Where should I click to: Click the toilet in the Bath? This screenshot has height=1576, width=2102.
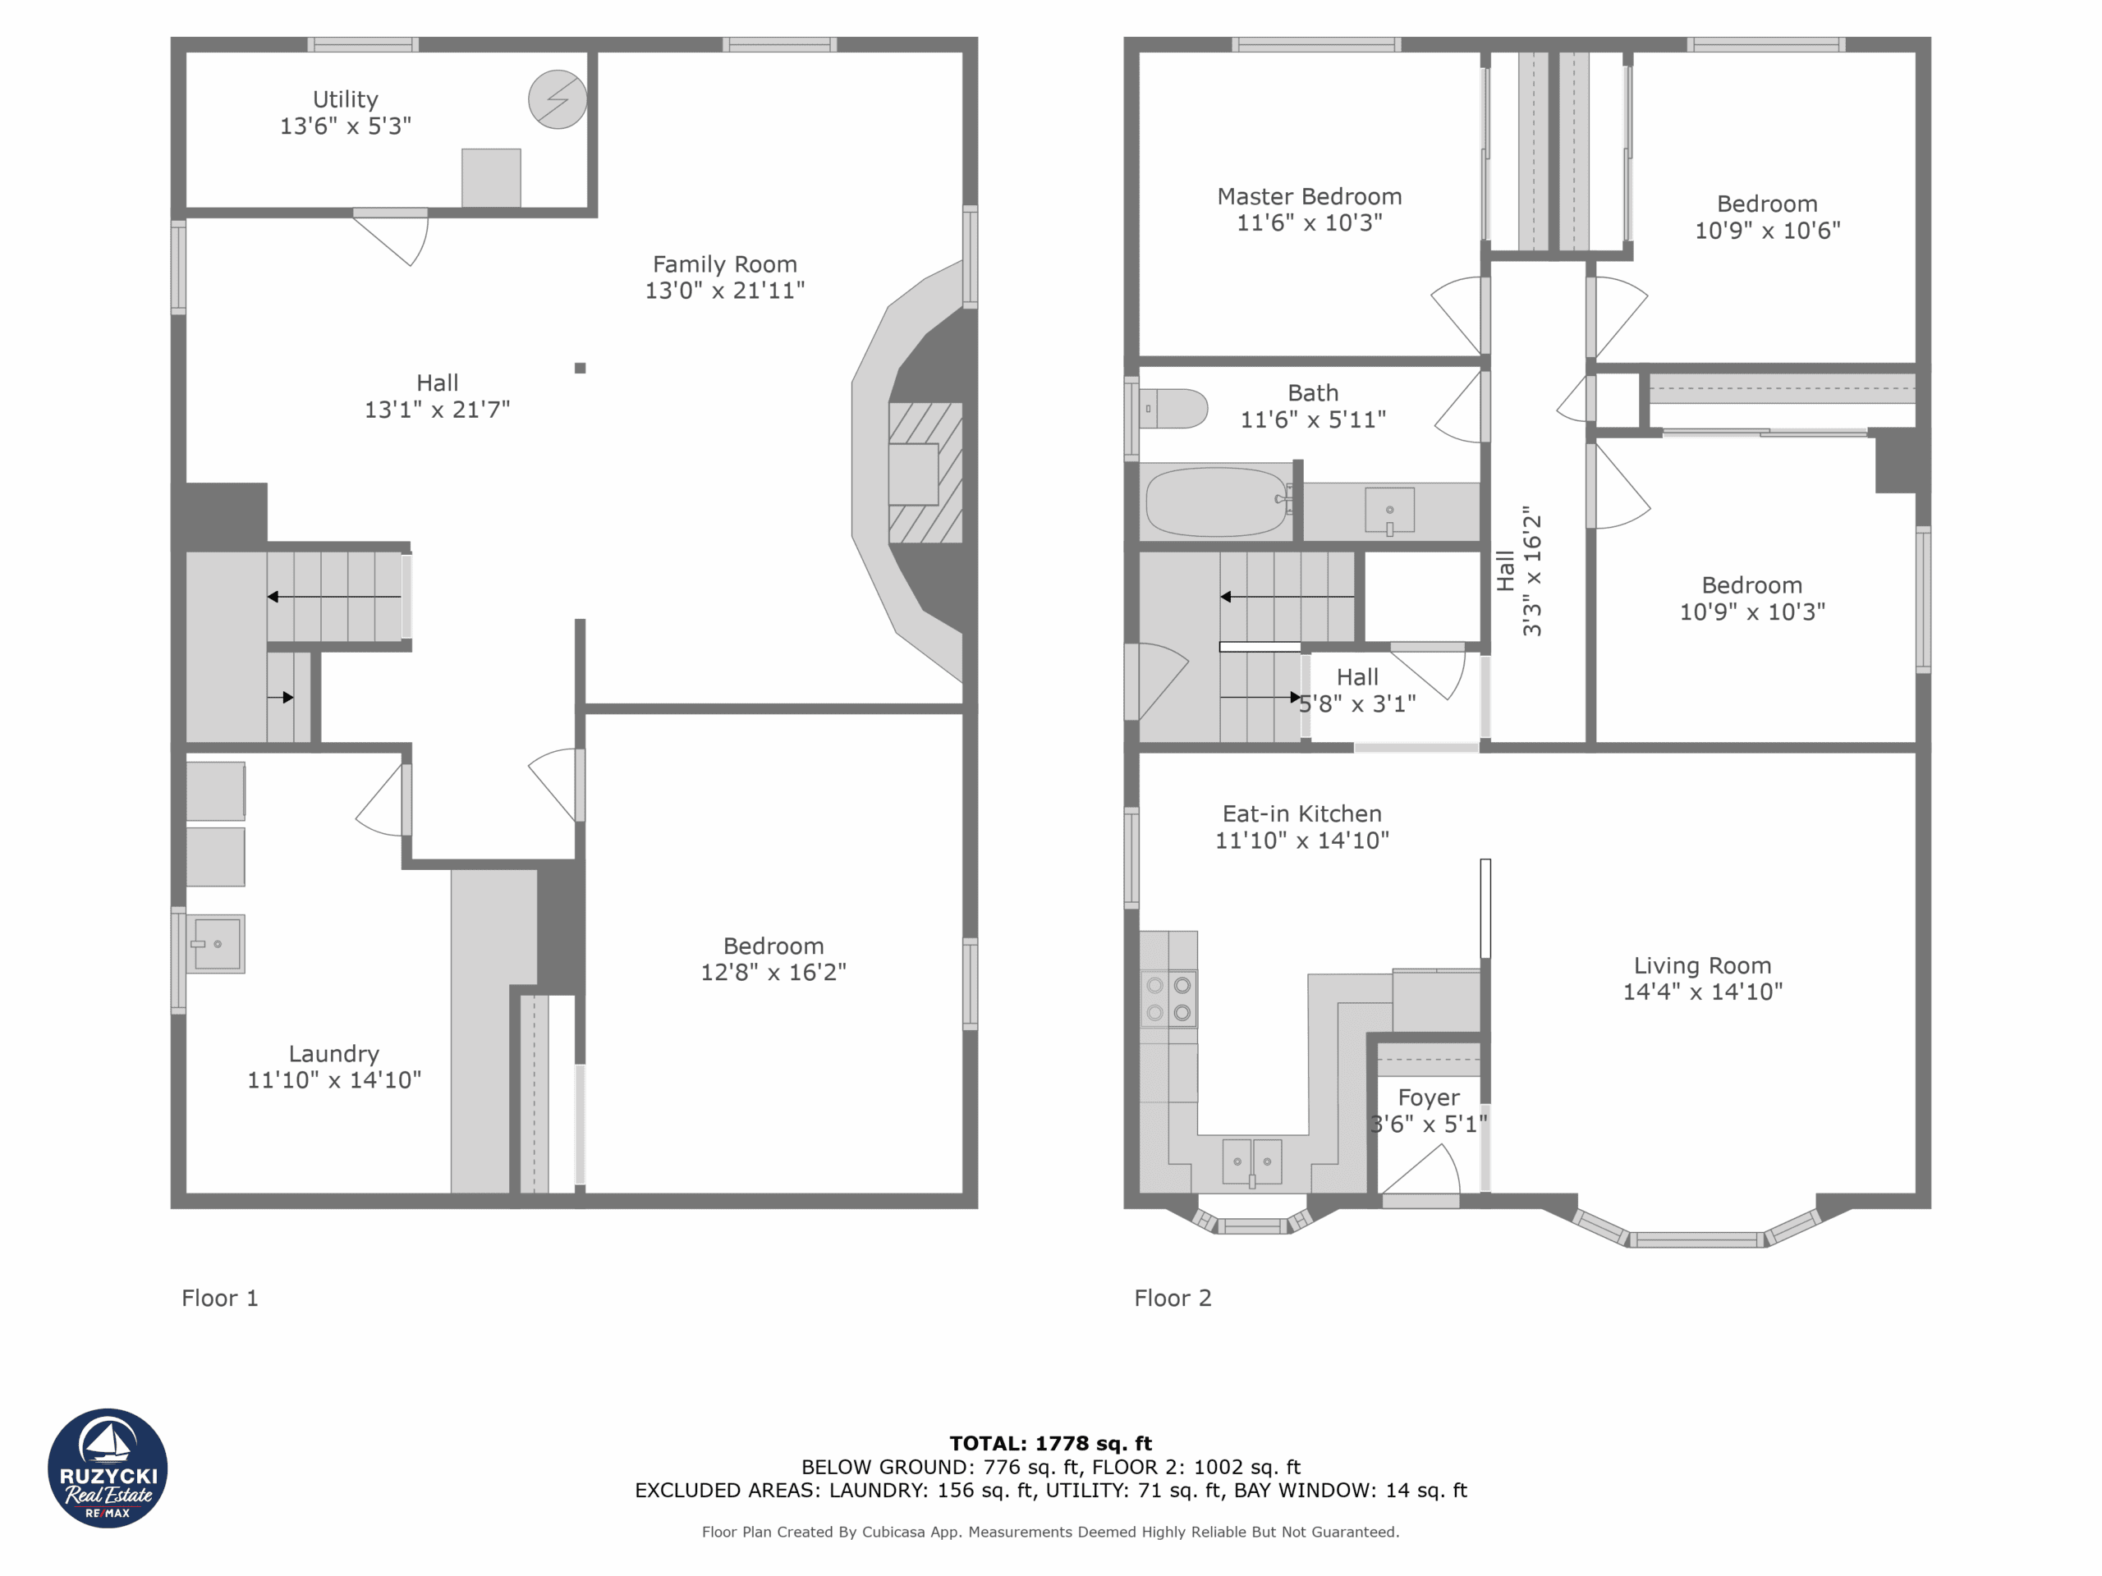tap(1173, 409)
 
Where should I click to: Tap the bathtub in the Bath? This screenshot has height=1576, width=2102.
tap(1215, 501)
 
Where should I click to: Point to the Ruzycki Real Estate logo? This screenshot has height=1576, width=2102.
tap(108, 1468)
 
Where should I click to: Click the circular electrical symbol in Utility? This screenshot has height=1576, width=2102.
tap(557, 98)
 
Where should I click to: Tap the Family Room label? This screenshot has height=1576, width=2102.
tap(724, 264)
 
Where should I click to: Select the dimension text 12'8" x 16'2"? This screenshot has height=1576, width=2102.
tap(773, 972)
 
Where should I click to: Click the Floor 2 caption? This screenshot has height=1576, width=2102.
tap(1172, 1298)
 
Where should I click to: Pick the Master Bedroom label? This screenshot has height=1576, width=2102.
tap(1309, 197)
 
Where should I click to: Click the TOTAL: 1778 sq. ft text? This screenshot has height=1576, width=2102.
tap(1050, 1443)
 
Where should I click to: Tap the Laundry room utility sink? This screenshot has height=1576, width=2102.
tap(217, 943)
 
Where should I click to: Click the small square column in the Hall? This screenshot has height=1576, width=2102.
tap(580, 368)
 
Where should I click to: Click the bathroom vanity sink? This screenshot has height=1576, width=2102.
tap(1388, 510)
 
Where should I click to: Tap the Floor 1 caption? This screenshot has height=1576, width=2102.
tap(219, 1298)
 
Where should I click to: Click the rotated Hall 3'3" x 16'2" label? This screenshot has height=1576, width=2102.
tap(1518, 570)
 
